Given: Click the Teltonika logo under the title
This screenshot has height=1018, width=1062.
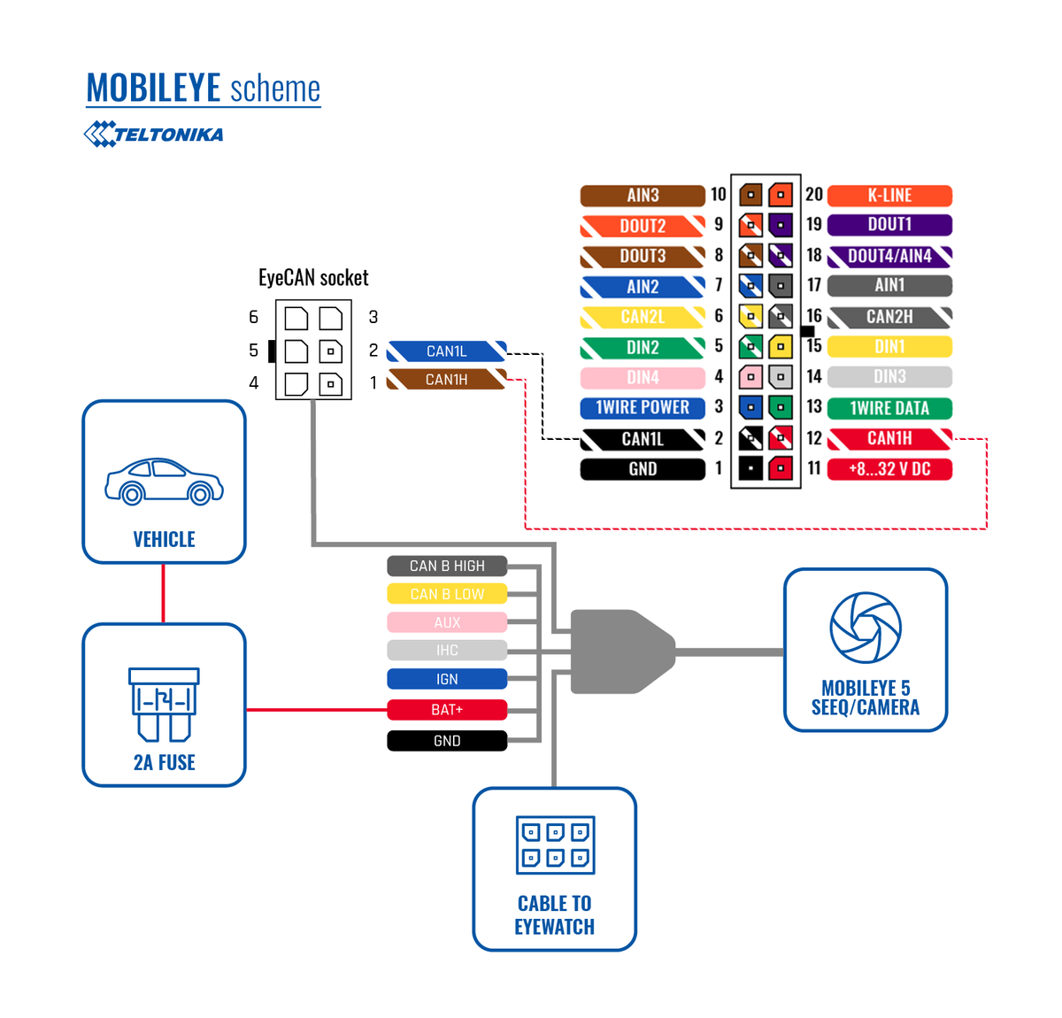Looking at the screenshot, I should pos(153,135).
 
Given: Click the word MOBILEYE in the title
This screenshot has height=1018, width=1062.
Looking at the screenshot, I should pos(153,89).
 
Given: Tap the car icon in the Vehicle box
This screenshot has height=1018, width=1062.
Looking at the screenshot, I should pos(164,482).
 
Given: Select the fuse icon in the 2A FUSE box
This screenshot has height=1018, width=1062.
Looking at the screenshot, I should pos(164,704).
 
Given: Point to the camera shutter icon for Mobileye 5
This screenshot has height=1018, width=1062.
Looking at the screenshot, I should pos(865,628).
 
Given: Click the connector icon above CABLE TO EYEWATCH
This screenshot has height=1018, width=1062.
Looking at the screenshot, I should pos(555,844).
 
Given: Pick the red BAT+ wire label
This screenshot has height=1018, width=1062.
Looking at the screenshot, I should pos(447,710).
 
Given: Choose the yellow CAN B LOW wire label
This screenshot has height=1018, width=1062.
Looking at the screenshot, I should pos(447,594).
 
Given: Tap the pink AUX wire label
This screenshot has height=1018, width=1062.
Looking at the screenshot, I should pos(447,622).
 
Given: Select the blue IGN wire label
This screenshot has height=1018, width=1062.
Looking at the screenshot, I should pos(447,679).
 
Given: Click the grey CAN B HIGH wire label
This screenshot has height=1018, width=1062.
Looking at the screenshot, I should pos(447,566).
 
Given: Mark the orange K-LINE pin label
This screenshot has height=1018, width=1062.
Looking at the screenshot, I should pos(889,196).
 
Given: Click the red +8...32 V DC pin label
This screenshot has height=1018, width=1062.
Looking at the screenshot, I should pos(889,469).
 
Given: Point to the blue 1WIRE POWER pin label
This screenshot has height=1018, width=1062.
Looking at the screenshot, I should pos(643,408).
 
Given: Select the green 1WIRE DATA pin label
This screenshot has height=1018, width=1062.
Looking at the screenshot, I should pos(889,408).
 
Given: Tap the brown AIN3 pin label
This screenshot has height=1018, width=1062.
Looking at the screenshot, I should pos(643,196).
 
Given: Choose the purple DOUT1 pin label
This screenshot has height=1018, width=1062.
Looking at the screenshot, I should pos(889,225).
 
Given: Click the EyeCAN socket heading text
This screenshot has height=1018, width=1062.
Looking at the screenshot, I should pos(313,278).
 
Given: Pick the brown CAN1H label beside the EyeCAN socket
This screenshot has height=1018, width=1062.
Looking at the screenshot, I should pos(447,380).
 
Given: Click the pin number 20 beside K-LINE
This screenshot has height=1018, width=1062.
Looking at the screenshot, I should pos(814,195).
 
